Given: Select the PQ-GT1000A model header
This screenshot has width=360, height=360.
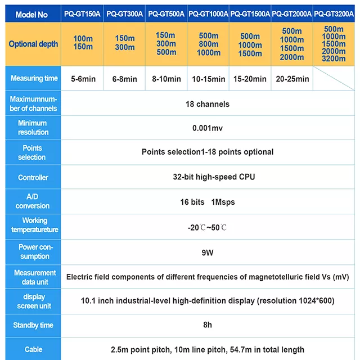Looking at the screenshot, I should pyautogui.click(x=209, y=11).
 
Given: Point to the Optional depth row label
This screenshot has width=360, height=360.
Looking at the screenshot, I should pyautogui.click(x=33, y=44).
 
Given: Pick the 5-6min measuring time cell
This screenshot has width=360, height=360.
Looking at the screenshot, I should pyautogui.click(x=83, y=79).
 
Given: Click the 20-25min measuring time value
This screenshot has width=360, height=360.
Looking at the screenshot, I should pyautogui.click(x=292, y=79).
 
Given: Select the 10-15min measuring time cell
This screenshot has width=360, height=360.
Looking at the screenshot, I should pyautogui.click(x=209, y=79).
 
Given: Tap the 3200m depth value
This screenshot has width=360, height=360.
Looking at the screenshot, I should pyautogui.click(x=334, y=58).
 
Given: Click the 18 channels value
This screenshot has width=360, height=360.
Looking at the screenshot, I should pyautogui.click(x=208, y=104).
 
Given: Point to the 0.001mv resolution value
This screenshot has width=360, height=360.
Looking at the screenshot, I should pyautogui.click(x=208, y=128).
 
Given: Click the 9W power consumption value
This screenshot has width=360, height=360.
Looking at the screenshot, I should pyautogui.click(x=208, y=253).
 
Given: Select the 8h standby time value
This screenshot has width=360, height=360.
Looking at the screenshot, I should pyautogui.click(x=208, y=325).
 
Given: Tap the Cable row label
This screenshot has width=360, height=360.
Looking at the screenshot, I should pyautogui.click(x=33, y=349).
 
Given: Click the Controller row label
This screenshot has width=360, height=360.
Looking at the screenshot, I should pyautogui.click(x=33, y=178).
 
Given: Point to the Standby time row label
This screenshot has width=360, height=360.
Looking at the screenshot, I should pyautogui.click(x=33, y=325).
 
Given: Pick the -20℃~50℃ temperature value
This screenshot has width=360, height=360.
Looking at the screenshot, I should pyautogui.click(x=208, y=227).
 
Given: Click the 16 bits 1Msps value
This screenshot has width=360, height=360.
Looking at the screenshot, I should pyautogui.click(x=208, y=201).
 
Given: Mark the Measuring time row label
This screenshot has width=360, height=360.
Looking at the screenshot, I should pyautogui.click(x=33, y=79).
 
